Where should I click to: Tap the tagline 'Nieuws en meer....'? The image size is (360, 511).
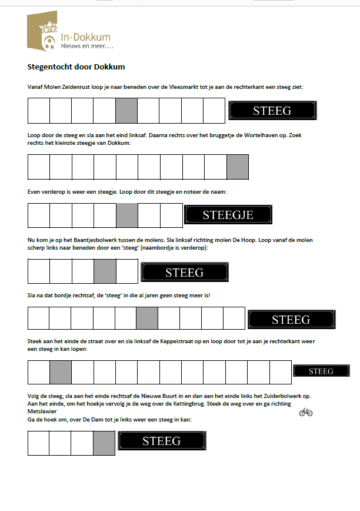click(x=87, y=46)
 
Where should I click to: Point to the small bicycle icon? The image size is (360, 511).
click(x=305, y=412)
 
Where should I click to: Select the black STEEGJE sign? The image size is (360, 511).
click(x=228, y=215)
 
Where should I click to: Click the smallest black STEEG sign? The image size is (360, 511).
click(x=321, y=371)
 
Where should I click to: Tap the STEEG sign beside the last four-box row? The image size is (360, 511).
click(x=162, y=440)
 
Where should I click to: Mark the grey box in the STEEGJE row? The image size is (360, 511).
click(x=127, y=215)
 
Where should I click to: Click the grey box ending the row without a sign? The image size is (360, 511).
click(x=238, y=167)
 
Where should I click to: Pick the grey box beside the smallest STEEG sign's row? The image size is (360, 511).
click(x=61, y=372)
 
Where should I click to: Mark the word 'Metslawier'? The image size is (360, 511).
click(x=44, y=413)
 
